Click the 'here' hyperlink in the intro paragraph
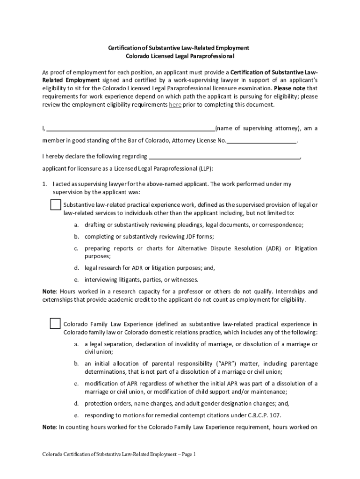(175, 105)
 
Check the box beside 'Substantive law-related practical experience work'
(55, 205)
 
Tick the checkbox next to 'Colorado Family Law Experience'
(55, 324)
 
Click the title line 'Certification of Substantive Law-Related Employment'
(179, 48)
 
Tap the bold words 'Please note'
(290, 88)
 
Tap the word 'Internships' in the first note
(289, 291)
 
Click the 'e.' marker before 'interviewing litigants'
(76, 280)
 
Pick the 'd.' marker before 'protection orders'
(76, 404)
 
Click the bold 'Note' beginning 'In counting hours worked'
(49, 427)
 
